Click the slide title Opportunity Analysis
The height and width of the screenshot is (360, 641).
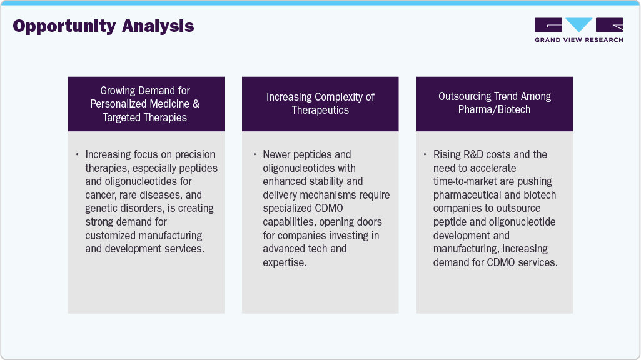click(x=103, y=26)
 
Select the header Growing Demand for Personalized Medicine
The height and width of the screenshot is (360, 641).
click(x=145, y=104)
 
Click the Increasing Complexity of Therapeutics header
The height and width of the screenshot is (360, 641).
click(x=320, y=104)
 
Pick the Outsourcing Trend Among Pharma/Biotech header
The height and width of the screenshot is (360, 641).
click(x=494, y=104)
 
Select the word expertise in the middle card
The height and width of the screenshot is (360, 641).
click(x=285, y=262)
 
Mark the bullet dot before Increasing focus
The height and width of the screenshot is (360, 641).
click(x=77, y=154)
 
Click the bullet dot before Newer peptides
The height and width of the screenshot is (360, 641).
click(x=255, y=154)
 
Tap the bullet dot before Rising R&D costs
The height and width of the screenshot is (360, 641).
click(x=425, y=154)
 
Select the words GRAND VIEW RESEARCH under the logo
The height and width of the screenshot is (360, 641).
click(x=578, y=40)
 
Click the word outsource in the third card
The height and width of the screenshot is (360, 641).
click(x=535, y=209)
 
